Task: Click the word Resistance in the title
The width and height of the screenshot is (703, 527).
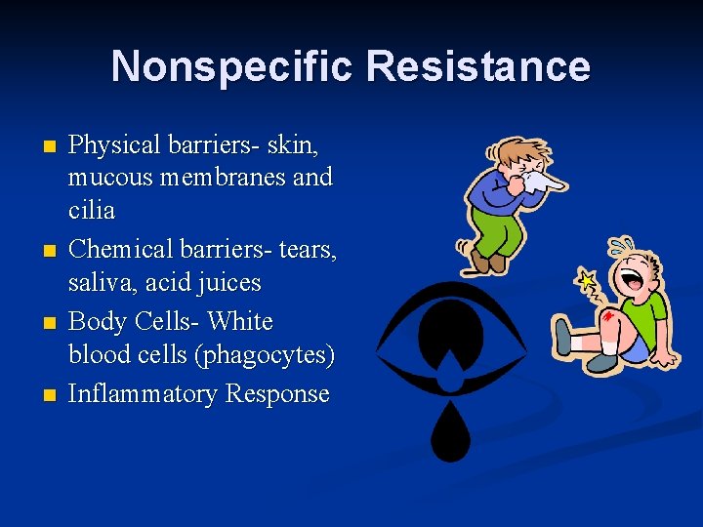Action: tap(477, 66)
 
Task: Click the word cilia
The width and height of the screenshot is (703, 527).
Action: tap(92, 211)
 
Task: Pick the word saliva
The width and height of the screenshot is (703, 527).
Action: tap(99, 283)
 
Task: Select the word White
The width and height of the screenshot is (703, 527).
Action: tap(240, 321)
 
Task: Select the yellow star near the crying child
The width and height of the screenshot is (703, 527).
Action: tap(587, 283)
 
